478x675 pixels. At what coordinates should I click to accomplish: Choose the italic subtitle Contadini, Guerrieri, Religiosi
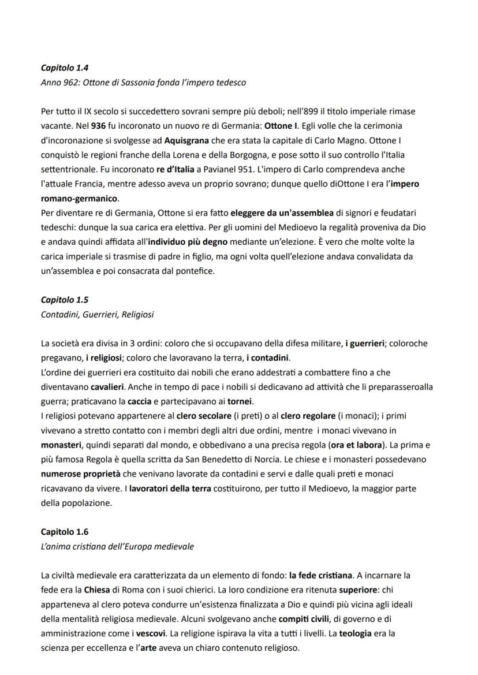click(97, 314)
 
